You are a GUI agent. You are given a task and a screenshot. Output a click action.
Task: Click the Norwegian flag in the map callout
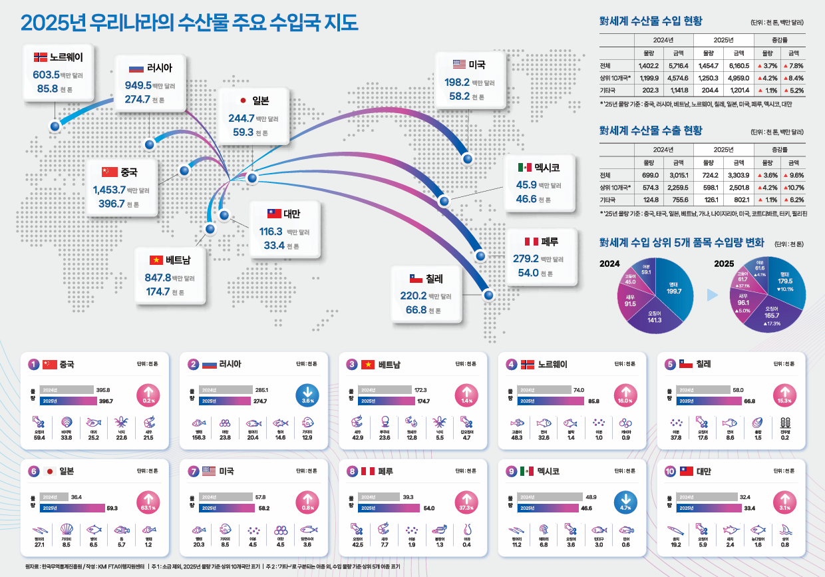40,57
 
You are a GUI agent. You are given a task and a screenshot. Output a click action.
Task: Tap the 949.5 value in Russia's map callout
138,85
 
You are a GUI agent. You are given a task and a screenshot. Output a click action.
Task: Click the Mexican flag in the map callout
525,167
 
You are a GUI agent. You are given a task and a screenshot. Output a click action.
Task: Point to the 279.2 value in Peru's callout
526,259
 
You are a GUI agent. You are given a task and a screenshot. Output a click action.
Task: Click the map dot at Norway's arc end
55,125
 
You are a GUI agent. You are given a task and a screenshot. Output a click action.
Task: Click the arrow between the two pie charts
712,294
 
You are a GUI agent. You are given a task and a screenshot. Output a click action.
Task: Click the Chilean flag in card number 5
685,364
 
